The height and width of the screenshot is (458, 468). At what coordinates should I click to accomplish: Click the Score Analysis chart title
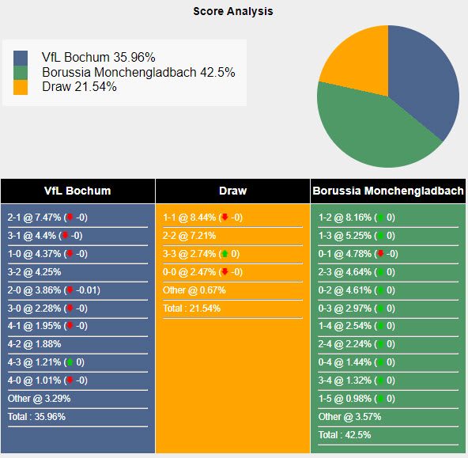(233, 11)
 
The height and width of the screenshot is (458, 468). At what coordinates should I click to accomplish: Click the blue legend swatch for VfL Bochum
(21, 59)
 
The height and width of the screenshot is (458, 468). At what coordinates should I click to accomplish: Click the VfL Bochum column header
(77, 191)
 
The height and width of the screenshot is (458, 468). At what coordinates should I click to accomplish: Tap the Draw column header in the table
(232, 191)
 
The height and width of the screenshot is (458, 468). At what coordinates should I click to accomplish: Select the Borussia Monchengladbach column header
(387, 191)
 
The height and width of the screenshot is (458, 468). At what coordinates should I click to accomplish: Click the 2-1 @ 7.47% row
(47, 218)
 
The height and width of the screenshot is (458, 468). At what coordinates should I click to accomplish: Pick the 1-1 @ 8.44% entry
(202, 218)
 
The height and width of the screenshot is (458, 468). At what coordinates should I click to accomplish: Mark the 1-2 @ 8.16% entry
(357, 218)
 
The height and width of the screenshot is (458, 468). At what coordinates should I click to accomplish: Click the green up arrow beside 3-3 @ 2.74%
(225, 254)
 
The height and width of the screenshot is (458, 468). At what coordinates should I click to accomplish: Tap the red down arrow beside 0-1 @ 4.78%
(380, 254)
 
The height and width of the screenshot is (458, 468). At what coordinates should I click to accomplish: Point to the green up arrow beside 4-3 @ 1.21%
(70, 362)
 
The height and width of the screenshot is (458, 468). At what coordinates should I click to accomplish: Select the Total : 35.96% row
(37, 417)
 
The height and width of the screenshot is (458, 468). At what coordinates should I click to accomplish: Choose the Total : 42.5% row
(345, 434)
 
